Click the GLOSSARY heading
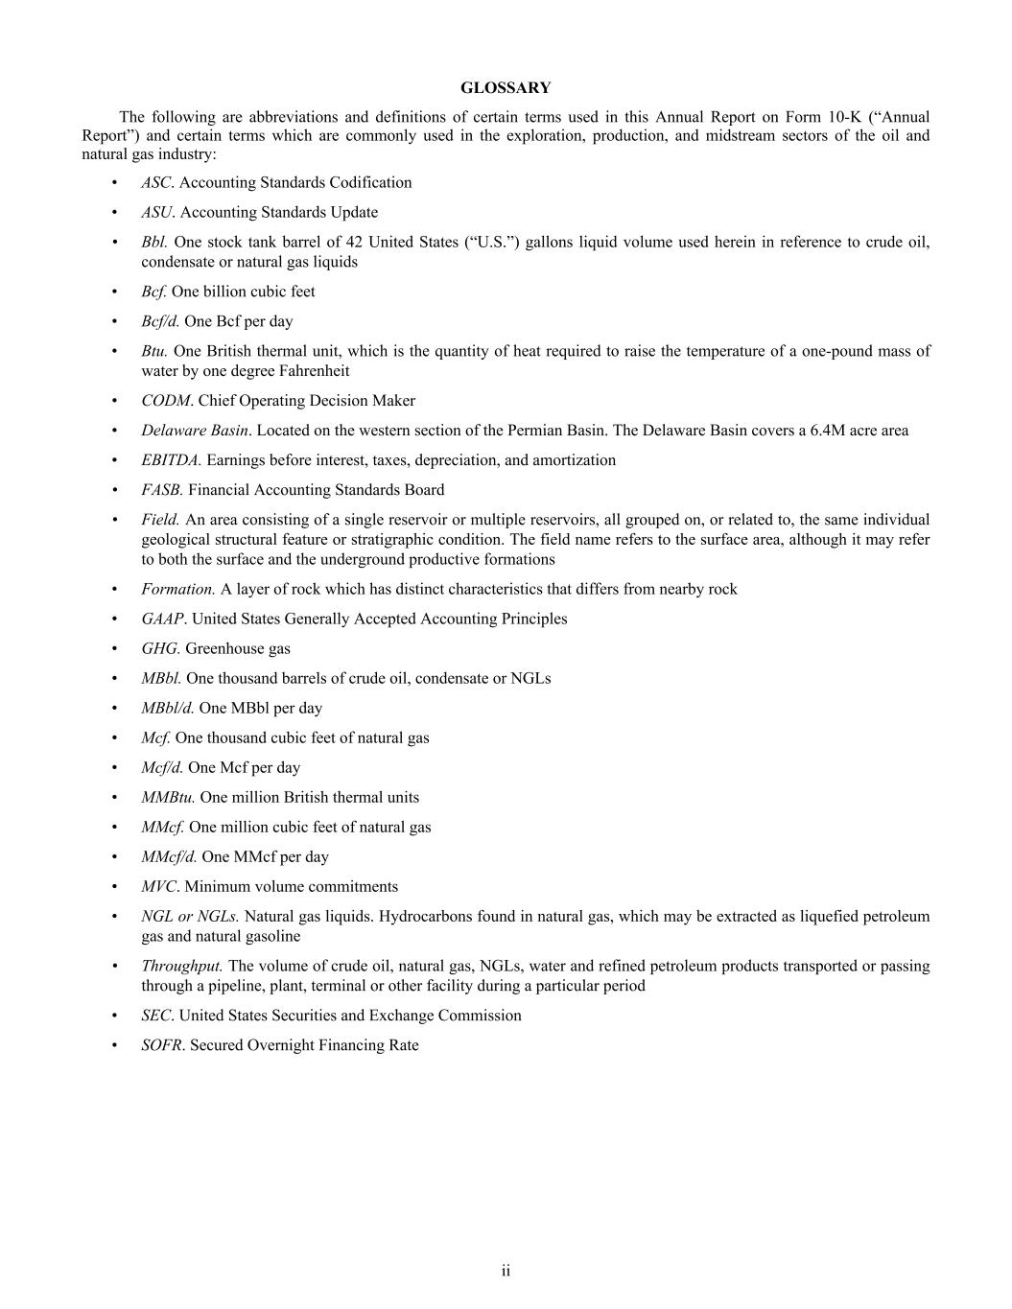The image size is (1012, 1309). pyautogui.click(x=506, y=88)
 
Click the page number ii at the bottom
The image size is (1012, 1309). pyautogui.click(x=506, y=1271)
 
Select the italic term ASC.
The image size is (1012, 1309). pyautogui.click(x=156, y=182)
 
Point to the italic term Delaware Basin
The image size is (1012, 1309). pyautogui.click(x=195, y=431)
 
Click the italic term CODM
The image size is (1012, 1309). pyautogui.click(x=166, y=401)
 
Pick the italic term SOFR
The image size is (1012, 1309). pyautogui.click(x=161, y=1045)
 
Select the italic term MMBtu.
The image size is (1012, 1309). pyautogui.click(x=168, y=797)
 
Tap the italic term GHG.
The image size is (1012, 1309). pyautogui.click(x=160, y=648)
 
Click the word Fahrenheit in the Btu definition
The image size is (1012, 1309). pyautogui.click(x=315, y=371)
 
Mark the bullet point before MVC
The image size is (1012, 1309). pyautogui.click(x=115, y=887)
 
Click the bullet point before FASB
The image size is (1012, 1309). pyautogui.click(x=115, y=490)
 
